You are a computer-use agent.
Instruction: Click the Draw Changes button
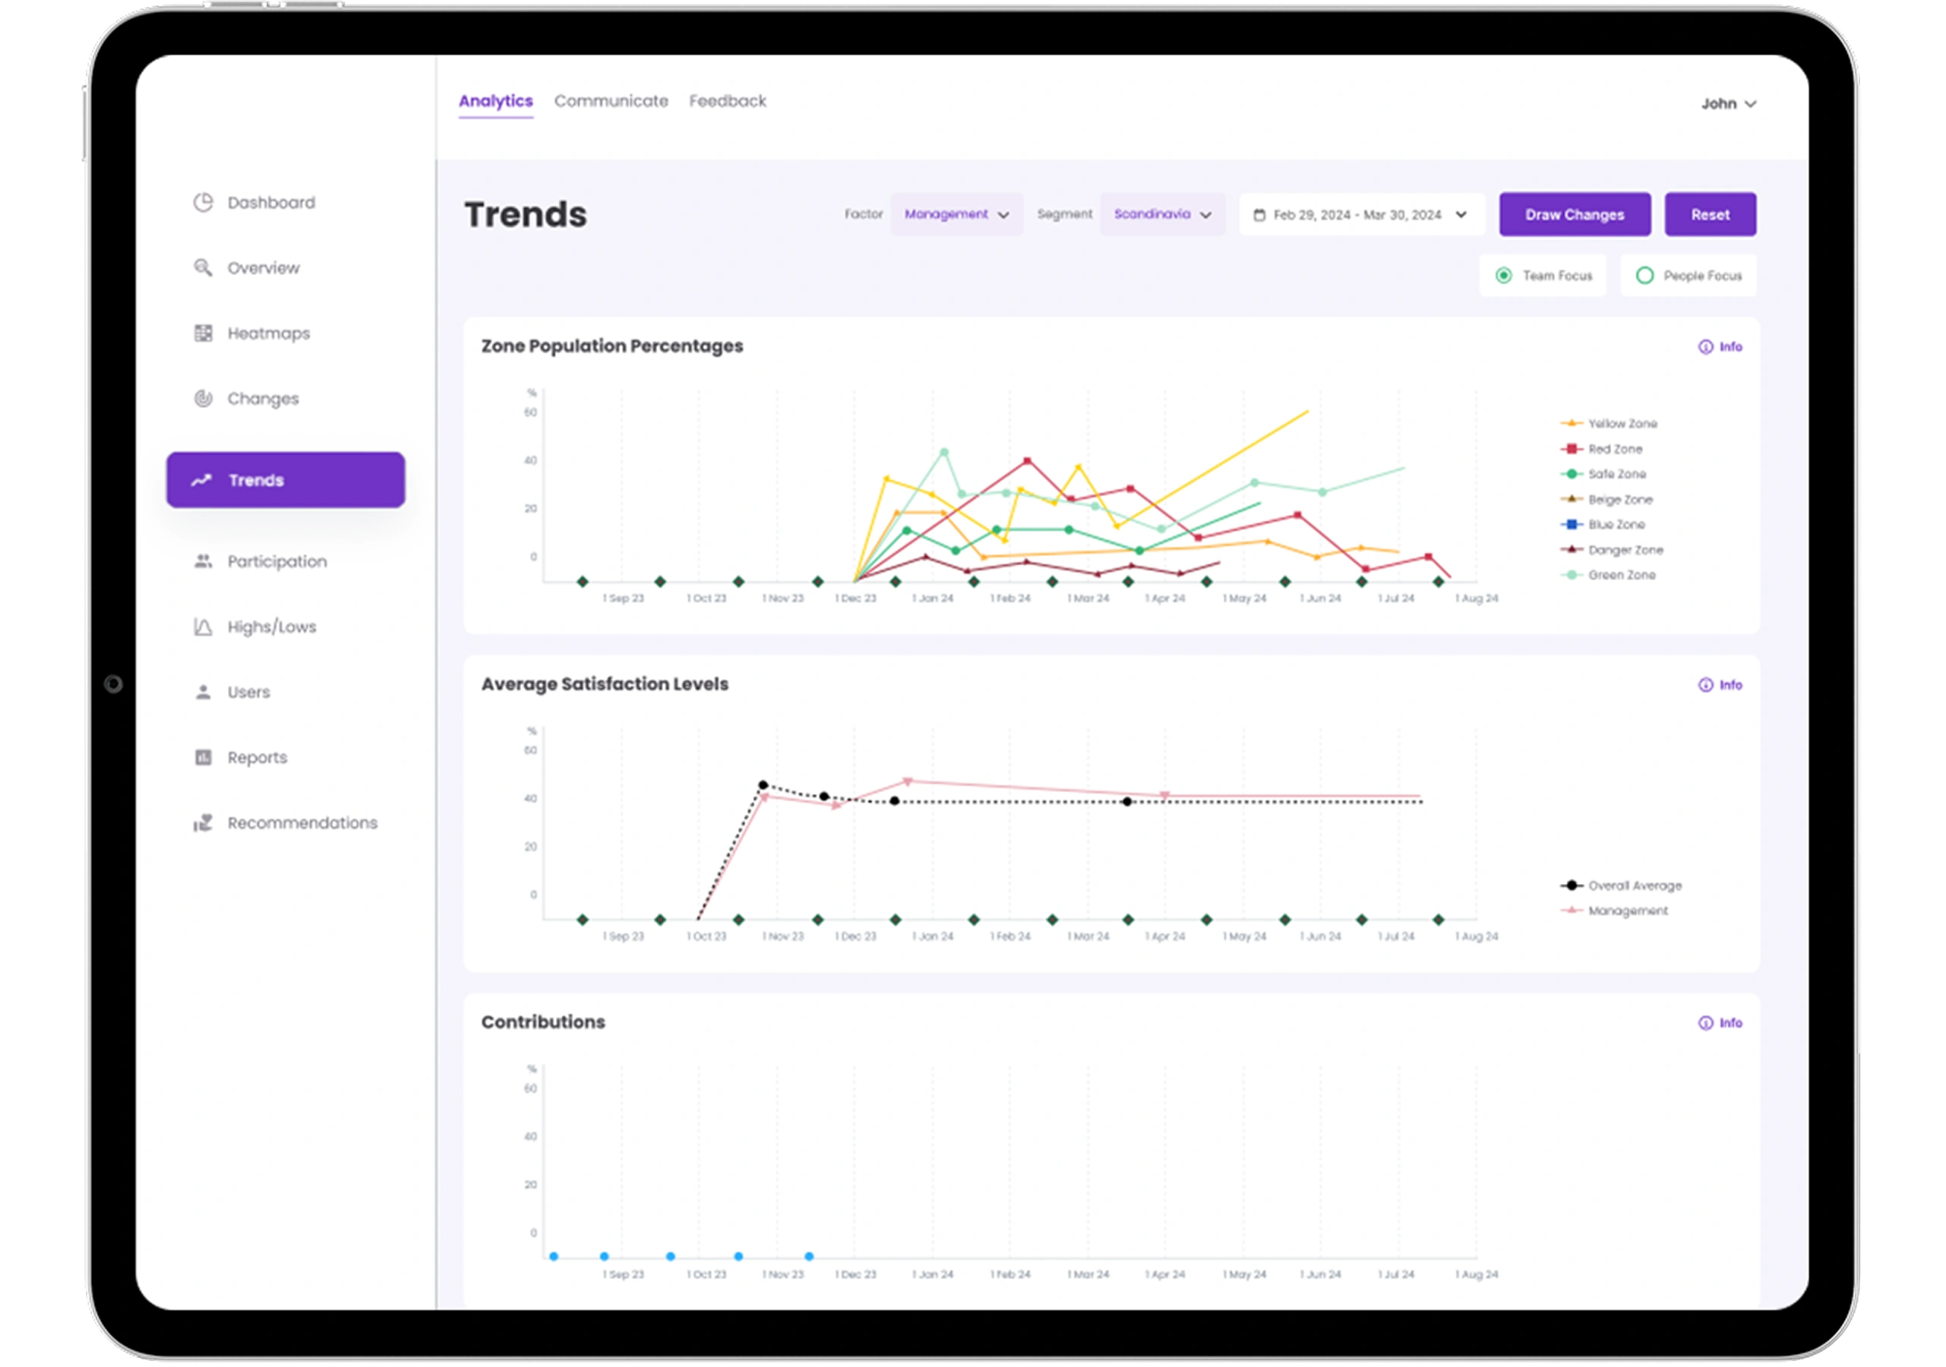click(1574, 214)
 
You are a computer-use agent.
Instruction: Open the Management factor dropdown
click(956, 214)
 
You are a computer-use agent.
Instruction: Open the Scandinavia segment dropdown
click(1162, 214)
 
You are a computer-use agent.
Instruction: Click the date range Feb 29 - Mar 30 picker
click(1361, 215)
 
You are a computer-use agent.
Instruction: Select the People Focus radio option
click(1689, 276)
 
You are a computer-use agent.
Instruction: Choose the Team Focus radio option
click(1543, 276)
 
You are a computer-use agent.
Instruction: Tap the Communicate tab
click(610, 101)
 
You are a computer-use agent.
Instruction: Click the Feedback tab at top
click(727, 101)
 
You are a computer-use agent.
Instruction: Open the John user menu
click(1728, 103)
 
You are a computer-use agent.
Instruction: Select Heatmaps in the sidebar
click(268, 333)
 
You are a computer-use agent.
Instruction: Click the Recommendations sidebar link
click(302, 823)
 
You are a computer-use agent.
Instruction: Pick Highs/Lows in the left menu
click(271, 627)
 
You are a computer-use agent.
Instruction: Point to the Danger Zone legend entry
click(1625, 550)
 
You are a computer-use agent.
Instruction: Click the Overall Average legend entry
click(1633, 886)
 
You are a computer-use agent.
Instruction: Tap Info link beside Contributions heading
click(1720, 1023)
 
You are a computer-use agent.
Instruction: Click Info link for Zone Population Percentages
click(1720, 346)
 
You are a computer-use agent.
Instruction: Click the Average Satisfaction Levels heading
click(605, 684)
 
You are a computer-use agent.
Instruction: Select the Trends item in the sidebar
click(285, 480)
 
